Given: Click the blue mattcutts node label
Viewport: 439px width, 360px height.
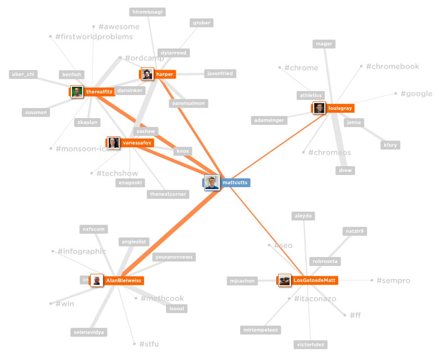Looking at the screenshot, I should point(235,182).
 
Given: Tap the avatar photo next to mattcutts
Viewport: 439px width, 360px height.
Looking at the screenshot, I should point(211,182).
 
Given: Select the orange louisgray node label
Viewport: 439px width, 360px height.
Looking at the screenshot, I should point(340,108).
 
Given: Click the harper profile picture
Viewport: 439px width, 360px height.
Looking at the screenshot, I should point(147,74).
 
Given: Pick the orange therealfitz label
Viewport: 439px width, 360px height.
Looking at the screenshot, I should point(99,92).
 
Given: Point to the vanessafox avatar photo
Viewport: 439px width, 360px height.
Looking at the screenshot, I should point(113,142).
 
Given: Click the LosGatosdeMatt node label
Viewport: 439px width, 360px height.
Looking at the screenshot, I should point(314,281).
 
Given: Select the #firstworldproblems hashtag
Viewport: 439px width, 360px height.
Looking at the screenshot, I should point(94,37).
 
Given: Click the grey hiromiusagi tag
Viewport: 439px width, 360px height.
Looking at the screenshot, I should point(148,12).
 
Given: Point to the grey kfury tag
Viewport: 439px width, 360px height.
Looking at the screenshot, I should point(390,145).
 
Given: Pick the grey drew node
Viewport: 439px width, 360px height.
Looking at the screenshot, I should point(345,170).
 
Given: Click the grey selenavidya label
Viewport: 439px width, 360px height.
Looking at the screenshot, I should point(89,332).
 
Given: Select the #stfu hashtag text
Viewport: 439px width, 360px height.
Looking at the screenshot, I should point(149,344).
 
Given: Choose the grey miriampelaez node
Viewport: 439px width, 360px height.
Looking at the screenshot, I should point(261,330).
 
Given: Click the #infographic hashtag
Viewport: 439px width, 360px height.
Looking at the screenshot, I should point(81,251).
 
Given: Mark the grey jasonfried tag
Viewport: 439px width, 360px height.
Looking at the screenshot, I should point(219,74).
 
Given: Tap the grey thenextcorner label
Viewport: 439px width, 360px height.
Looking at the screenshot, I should point(168,194).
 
